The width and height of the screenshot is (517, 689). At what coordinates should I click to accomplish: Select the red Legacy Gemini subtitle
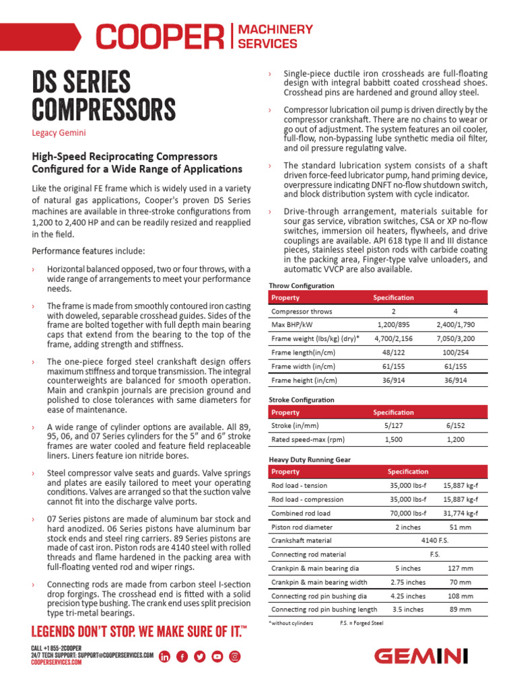tap(59, 133)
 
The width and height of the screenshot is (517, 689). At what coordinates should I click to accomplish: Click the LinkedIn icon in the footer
tap(165, 657)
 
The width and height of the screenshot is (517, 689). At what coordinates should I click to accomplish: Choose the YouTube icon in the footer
tap(217, 657)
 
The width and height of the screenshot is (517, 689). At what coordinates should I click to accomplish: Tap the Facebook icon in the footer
tap(182, 657)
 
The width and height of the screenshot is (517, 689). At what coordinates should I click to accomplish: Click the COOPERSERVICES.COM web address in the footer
tap(57, 663)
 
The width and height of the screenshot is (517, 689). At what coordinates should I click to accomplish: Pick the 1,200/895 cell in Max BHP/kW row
tap(393, 326)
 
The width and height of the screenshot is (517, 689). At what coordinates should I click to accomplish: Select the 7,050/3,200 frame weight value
tap(456, 340)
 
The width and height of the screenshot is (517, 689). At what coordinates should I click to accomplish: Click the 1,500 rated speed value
tap(393, 440)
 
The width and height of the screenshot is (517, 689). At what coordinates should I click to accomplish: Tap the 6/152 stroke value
tap(456, 426)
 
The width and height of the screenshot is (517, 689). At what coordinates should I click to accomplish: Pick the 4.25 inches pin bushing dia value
tap(408, 596)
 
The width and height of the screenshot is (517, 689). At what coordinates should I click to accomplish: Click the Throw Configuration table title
tap(301, 286)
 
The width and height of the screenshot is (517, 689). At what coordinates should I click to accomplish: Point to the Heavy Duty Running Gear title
tap(310, 460)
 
